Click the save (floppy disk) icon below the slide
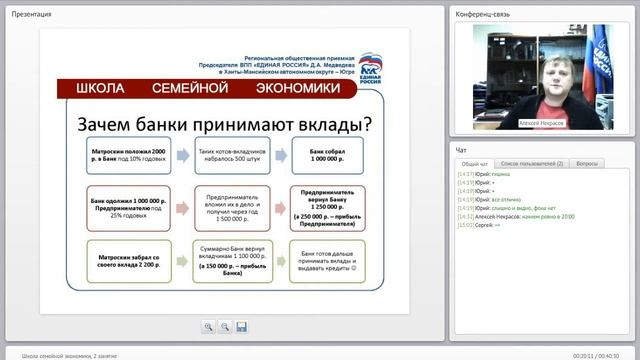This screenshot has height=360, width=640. [x=242, y=326]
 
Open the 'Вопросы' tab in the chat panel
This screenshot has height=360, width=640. [x=588, y=163]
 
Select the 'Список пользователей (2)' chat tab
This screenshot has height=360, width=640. [x=531, y=163]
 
